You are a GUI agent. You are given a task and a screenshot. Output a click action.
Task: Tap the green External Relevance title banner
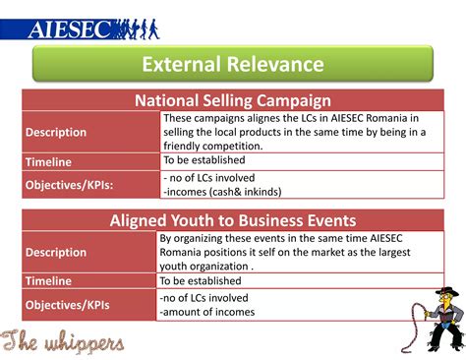[232, 65]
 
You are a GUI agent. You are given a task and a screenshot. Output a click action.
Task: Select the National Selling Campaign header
[232, 100]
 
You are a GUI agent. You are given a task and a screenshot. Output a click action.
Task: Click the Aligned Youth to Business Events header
[232, 221]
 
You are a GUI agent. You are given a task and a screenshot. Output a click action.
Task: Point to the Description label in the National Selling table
[56, 132]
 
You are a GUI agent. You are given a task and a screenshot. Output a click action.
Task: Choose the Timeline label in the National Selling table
[48, 160]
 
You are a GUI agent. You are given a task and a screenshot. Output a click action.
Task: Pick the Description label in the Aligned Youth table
[56, 252]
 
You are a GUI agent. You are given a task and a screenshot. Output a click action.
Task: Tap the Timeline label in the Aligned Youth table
[48, 280]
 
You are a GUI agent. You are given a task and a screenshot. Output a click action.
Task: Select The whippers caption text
[63, 341]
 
